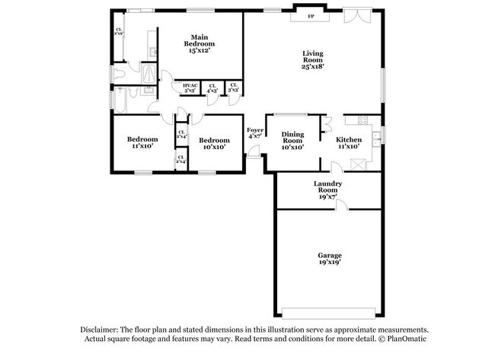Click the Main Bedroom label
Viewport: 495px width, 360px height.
[x=200, y=43]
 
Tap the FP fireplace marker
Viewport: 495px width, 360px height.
[x=310, y=16]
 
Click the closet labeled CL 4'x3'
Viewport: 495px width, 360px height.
[x=212, y=88]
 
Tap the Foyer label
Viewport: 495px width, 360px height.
[x=254, y=134]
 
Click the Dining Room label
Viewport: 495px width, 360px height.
[x=292, y=140]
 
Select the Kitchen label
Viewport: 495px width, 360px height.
[x=349, y=142]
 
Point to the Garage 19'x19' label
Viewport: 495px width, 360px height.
[x=329, y=258]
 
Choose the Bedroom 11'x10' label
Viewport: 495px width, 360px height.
[x=142, y=142]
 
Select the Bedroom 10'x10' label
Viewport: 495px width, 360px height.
[x=214, y=143]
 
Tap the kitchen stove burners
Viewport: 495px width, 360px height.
[x=362, y=120]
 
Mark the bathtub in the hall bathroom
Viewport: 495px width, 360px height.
[x=116, y=99]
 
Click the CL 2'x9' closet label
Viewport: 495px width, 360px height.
[x=119, y=32]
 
